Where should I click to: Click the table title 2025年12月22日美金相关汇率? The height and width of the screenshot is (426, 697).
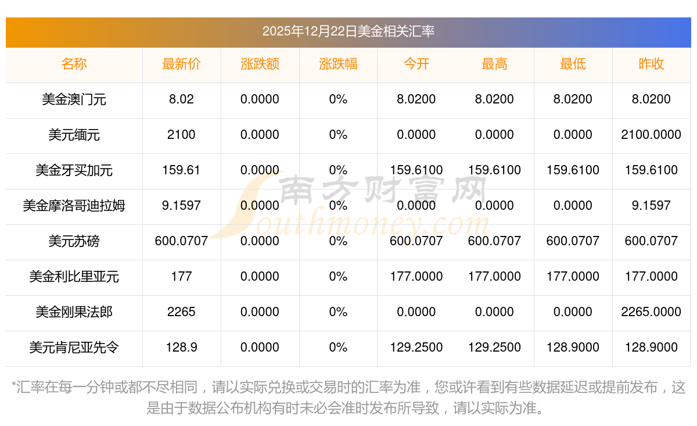348,31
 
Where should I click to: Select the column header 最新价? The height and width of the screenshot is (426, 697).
181,65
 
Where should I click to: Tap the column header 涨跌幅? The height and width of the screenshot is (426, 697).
338,65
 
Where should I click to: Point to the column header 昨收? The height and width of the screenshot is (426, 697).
651,65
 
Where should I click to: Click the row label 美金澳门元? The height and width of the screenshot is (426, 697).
74,99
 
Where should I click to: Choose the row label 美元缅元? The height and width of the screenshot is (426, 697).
74,135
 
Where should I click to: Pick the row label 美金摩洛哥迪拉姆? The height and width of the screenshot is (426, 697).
74,206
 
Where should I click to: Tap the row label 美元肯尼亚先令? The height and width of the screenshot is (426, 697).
74,348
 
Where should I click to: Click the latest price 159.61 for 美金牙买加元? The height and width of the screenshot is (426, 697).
181,170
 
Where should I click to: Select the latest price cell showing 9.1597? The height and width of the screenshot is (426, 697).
181,206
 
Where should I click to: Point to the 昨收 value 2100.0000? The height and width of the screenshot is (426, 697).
651,135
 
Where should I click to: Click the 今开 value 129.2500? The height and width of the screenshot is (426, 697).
416,348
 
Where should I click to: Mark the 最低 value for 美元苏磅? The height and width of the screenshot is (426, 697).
573,241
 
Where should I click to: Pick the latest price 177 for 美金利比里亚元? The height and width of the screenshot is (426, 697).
181,277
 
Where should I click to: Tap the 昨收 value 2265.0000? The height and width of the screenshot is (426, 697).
651,312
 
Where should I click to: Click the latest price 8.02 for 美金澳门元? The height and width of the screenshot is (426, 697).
181,99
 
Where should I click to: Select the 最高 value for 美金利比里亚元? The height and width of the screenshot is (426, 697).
494,277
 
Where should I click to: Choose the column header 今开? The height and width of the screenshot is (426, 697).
416,65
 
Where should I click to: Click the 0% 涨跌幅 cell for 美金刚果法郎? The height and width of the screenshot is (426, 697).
338,312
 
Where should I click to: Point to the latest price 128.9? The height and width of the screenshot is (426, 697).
181,348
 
